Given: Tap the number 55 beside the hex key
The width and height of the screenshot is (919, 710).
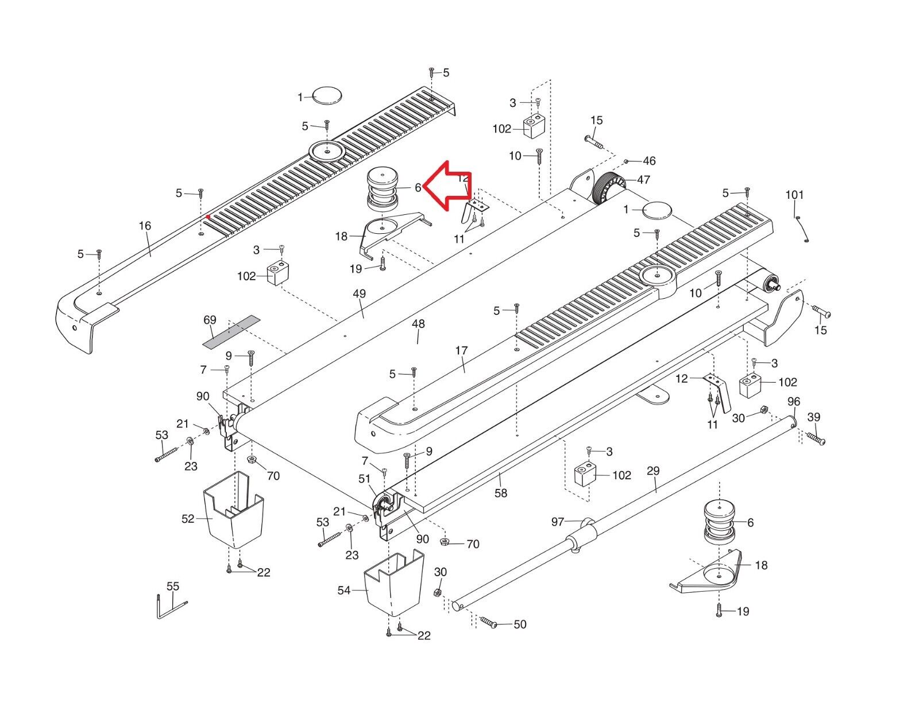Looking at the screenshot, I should pos(172,586).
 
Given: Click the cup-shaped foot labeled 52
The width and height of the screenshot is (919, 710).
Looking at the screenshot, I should pos(234,511).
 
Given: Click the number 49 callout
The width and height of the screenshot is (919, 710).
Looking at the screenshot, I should pos(359,294).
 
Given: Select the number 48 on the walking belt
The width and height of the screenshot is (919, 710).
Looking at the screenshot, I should pos(418,324).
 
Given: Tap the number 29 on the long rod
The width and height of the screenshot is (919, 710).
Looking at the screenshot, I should pos(653,471).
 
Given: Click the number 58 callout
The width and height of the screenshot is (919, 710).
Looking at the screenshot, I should pos(501,493).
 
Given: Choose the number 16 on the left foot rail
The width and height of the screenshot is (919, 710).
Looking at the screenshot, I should pos(145,226).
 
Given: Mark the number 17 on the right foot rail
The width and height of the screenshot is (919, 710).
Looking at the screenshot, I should pos(461,350).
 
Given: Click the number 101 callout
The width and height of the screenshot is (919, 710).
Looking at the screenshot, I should pos(794,195).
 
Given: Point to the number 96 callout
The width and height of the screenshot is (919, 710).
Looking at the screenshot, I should pos(793,402).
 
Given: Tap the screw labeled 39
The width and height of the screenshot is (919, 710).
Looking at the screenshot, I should pos(816,439).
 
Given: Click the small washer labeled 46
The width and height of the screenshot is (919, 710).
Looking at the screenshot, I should pos(627,161).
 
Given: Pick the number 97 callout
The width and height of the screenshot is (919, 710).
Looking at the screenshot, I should pos(557,522).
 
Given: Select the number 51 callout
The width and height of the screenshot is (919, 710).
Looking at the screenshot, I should pos(364,479).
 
